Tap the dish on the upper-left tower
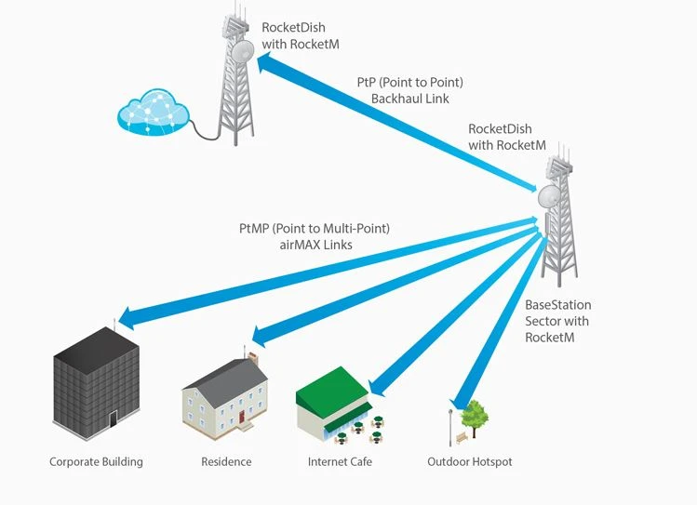[243, 52]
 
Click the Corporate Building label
[96, 462]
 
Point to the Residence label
[226, 462]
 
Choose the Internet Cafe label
[340, 462]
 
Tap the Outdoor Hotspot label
[469, 462]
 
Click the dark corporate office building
[96, 381]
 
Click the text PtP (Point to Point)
[409, 82]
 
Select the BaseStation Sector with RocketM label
[557, 321]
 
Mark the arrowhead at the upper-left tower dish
[267, 63]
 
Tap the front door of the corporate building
[113, 419]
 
